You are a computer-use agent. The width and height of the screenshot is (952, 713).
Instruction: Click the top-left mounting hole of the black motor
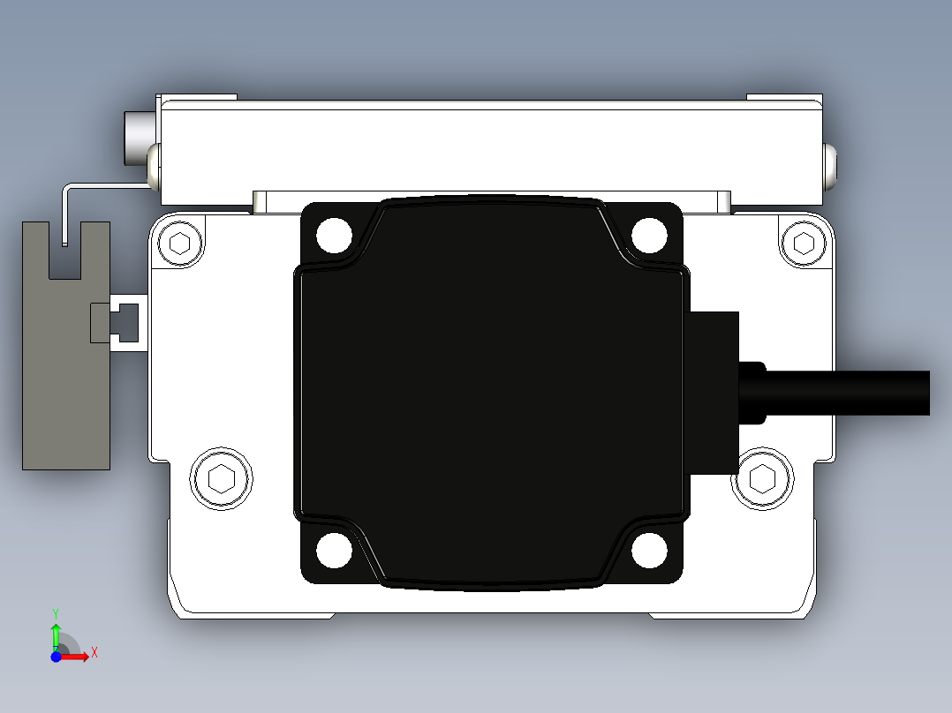coord(334,235)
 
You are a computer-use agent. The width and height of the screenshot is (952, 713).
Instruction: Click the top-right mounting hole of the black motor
coord(649,235)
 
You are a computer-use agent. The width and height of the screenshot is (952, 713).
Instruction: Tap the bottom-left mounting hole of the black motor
coord(334,551)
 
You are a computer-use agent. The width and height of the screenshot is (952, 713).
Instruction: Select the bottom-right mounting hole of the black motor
coord(649,551)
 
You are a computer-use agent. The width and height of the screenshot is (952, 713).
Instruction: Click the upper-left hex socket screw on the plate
coord(180,244)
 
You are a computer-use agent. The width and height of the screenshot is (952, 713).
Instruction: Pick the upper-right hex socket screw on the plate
coord(803,243)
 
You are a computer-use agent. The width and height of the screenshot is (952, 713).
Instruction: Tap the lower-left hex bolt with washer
coord(221,479)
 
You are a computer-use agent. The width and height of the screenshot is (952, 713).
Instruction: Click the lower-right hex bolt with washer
coord(761,479)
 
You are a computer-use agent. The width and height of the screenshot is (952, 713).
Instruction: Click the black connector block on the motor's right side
coord(714,393)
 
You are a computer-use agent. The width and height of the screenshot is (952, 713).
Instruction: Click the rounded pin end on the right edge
coord(831,167)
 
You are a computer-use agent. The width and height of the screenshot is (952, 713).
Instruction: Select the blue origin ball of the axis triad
coord(56,657)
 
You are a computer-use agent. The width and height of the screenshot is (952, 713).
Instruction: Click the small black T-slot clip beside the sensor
coord(115,323)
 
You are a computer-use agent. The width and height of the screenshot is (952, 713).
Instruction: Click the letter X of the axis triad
coord(94,653)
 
